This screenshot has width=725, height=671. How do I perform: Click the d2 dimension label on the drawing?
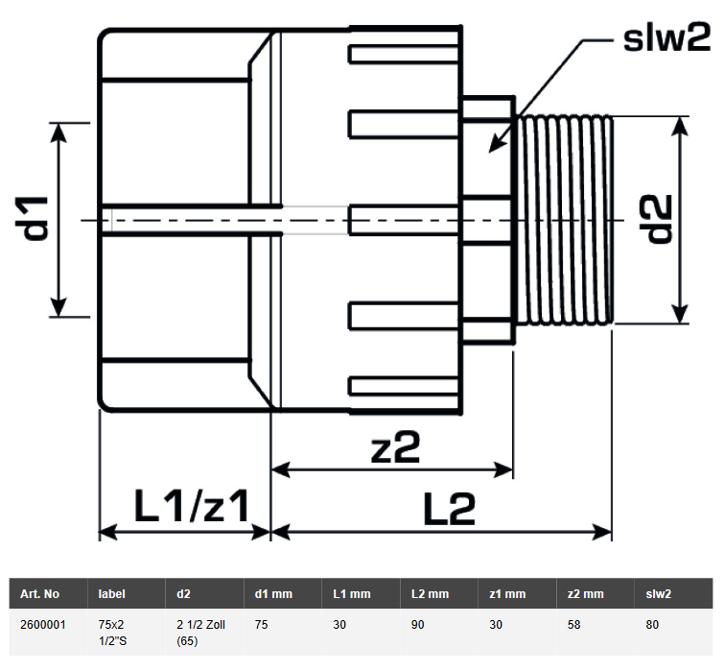657,219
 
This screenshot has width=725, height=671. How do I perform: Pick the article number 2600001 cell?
42,624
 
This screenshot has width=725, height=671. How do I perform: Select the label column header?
111,594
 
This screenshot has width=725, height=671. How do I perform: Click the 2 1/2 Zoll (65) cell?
199,632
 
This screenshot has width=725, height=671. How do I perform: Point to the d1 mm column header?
273,594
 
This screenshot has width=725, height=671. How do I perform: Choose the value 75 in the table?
262,624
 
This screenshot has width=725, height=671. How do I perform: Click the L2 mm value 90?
419,624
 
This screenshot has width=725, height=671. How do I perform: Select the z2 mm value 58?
575,624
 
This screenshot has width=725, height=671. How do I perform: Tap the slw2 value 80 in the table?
654,624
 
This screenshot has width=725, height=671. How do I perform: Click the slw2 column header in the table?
660,594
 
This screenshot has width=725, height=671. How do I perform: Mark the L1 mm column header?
351,594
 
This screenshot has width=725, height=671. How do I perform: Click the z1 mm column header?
507,594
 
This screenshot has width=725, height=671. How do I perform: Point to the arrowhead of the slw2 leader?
491,151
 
